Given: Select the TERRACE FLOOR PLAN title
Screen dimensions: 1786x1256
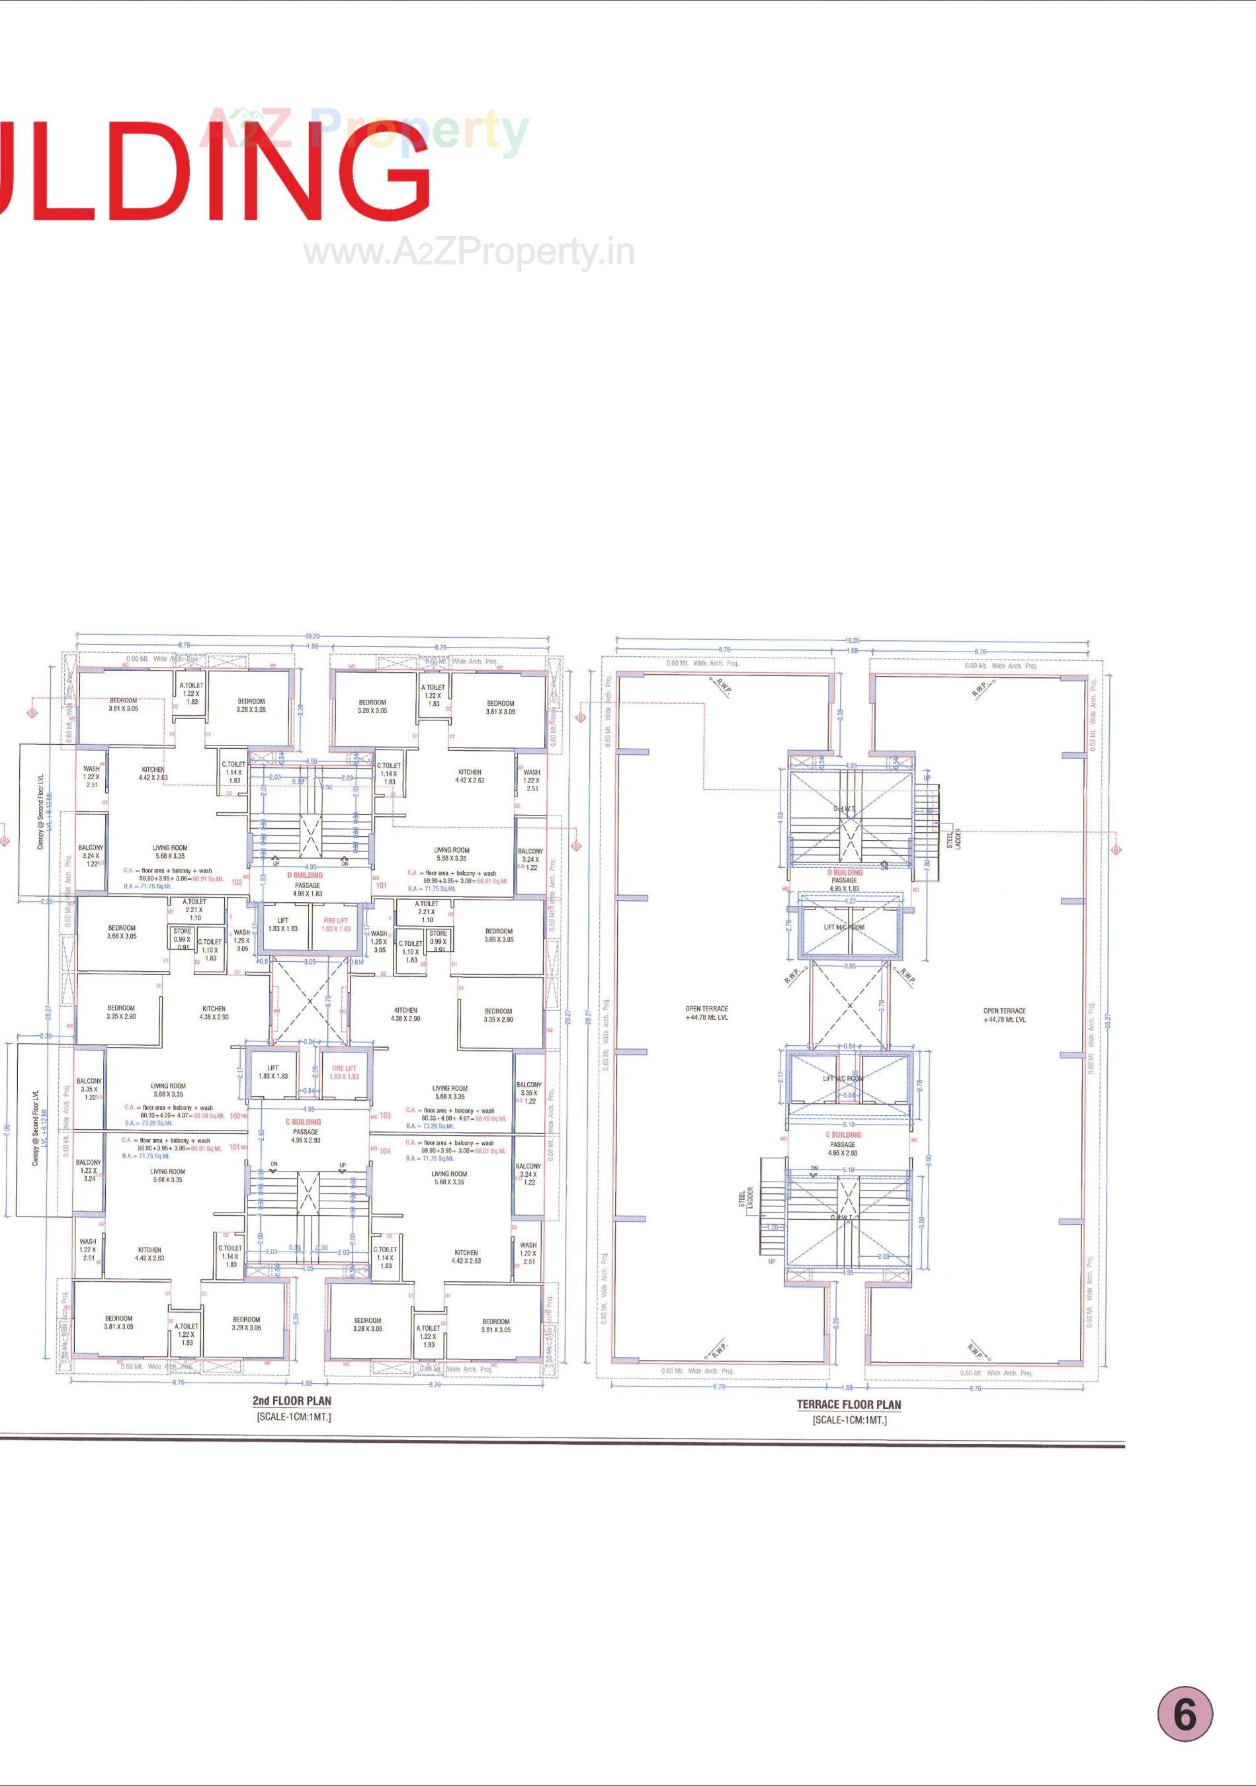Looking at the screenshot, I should pos(849,1404).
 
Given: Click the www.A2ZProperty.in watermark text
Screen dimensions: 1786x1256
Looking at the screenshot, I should pos(468,252).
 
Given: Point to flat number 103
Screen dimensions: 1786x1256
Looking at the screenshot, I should pos(385,1115).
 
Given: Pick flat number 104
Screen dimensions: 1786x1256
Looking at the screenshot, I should pos(384,1150).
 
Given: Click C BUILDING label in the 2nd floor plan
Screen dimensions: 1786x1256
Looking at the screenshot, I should pos(304,1122).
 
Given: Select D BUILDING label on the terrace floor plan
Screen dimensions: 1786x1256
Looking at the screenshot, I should pos(845,872).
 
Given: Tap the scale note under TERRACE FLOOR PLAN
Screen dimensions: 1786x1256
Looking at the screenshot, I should pos(849,1420).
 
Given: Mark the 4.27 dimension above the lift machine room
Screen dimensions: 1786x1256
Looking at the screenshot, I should pos(851,901).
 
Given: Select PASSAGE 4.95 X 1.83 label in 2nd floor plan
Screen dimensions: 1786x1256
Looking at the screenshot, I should pos(307,889).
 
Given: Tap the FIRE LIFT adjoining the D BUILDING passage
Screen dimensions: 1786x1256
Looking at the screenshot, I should pos(336,924).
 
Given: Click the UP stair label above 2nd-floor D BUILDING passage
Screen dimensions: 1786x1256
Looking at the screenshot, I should pos(276,863).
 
